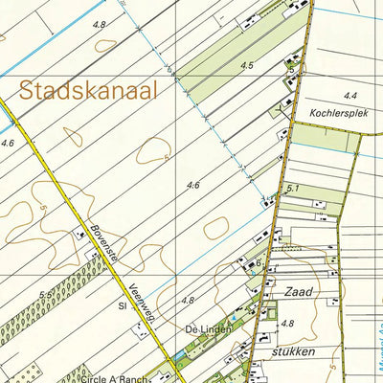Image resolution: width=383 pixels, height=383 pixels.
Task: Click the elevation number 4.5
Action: tap(247, 65)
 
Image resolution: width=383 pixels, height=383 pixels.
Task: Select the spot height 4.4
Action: tap(350, 96)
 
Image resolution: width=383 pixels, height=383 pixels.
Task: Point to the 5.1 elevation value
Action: tap(293, 189)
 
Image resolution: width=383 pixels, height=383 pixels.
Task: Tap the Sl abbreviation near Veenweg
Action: tap(123, 307)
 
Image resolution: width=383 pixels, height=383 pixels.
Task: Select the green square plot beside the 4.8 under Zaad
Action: tap(269, 311)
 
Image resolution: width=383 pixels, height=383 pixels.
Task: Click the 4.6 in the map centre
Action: tap(194, 185)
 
